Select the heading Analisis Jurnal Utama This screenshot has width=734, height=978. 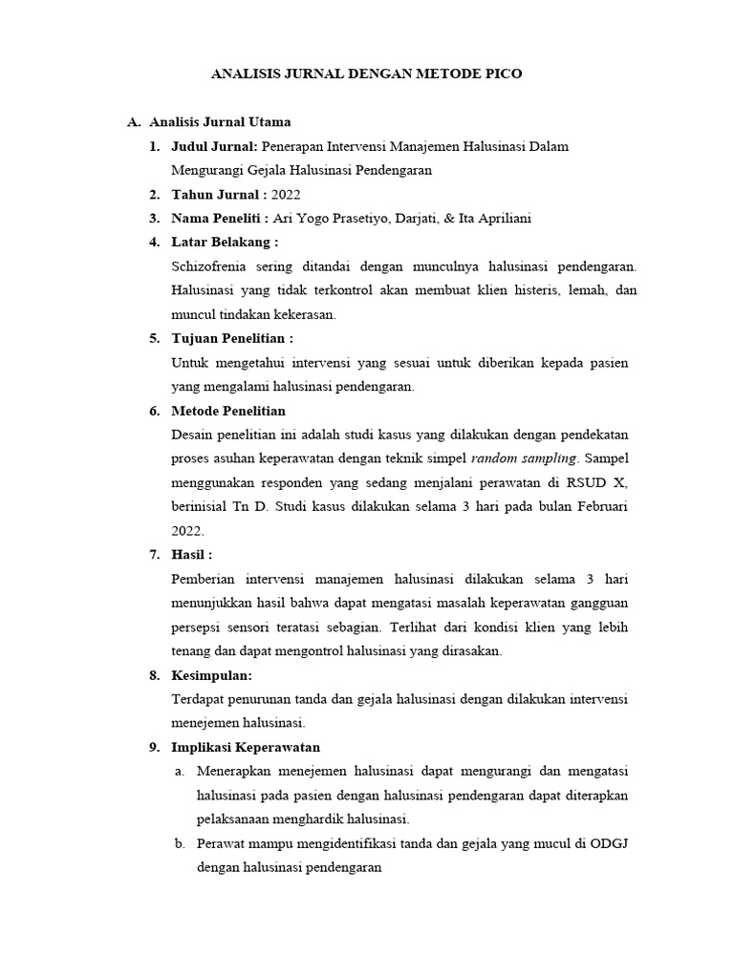(x=220, y=122)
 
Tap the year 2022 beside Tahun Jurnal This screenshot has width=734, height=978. (x=285, y=194)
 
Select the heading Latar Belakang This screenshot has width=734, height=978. (x=224, y=242)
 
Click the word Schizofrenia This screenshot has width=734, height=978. (x=212, y=266)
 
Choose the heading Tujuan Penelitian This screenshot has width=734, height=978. (x=231, y=338)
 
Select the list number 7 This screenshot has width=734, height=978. (x=153, y=554)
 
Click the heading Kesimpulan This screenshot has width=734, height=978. (x=211, y=675)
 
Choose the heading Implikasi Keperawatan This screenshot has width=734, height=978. (x=246, y=747)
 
